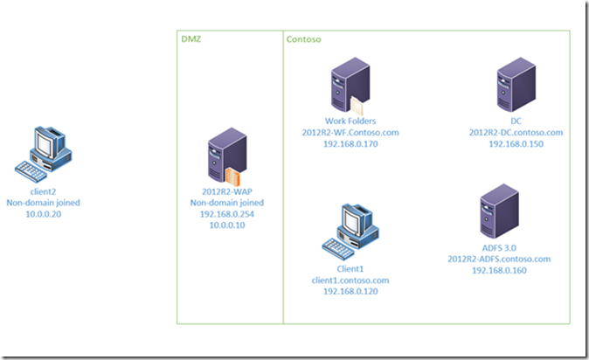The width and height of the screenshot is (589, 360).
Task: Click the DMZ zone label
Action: pos(191,39)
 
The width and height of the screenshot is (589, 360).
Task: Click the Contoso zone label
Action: pos(302,39)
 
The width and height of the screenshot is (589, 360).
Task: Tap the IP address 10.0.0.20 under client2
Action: pos(43,211)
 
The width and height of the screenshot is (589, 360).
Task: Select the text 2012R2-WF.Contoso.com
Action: pos(350,132)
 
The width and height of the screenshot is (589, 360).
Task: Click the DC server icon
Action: pos(515,87)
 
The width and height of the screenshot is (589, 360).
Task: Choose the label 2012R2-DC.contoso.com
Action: pos(515,132)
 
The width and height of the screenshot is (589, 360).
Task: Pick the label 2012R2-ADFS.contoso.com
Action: pos(499,259)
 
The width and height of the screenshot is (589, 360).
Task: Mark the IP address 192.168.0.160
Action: pos(499,270)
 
